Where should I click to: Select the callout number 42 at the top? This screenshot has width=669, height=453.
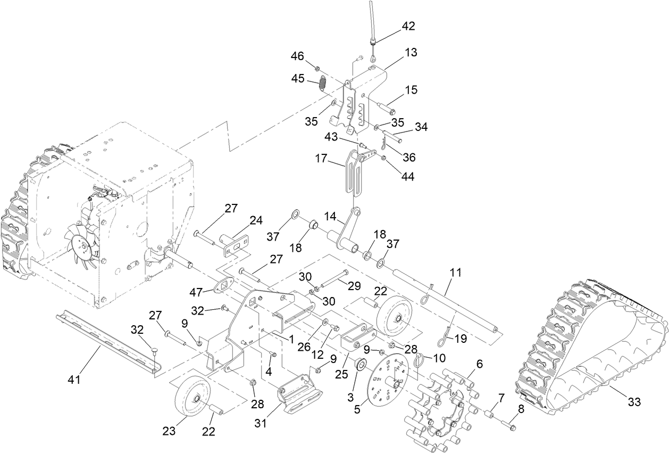[x=408, y=26]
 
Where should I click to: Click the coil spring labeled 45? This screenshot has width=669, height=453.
[x=323, y=84]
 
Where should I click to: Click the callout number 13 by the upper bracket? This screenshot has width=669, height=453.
[x=411, y=52]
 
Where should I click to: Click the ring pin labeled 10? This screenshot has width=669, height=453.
[x=419, y=360]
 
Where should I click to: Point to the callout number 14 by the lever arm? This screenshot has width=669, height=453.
[x=331, y=217]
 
